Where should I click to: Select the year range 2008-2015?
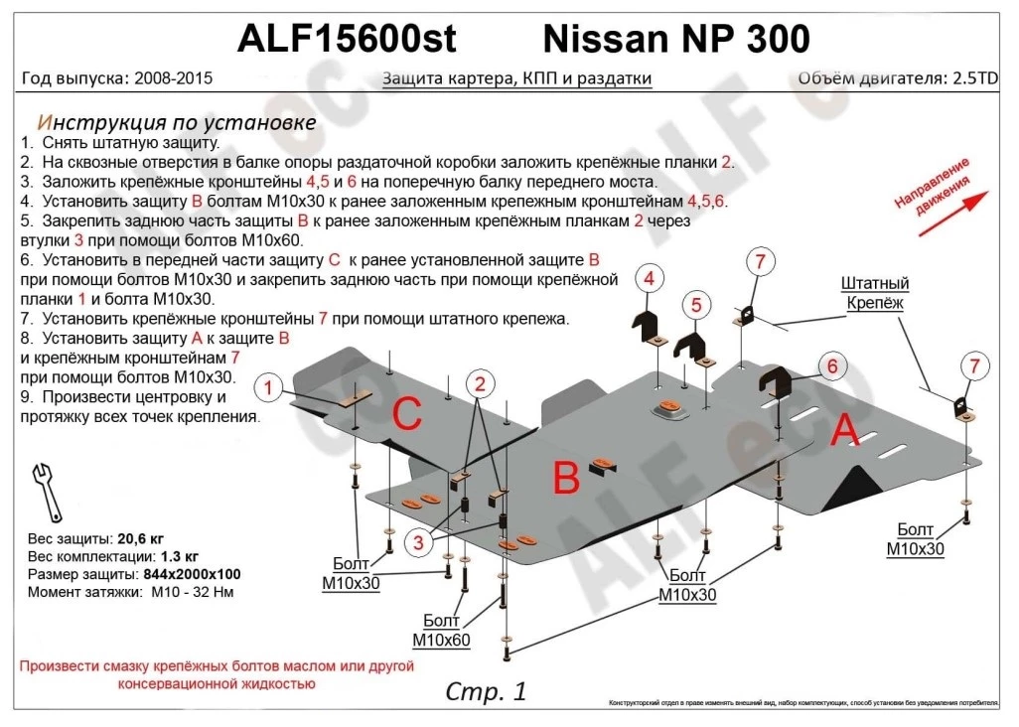point(169,78)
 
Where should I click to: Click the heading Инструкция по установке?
point(176,122)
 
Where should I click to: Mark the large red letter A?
point(844,431)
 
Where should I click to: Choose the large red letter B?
point(565,480)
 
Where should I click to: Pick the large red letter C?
point(407,416)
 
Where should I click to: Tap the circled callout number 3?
point(419,541)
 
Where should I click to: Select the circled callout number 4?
point(648,279)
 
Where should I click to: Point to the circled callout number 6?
point(831,366)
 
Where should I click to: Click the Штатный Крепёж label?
point(875,294)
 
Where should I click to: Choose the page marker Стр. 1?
point(486,691)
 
